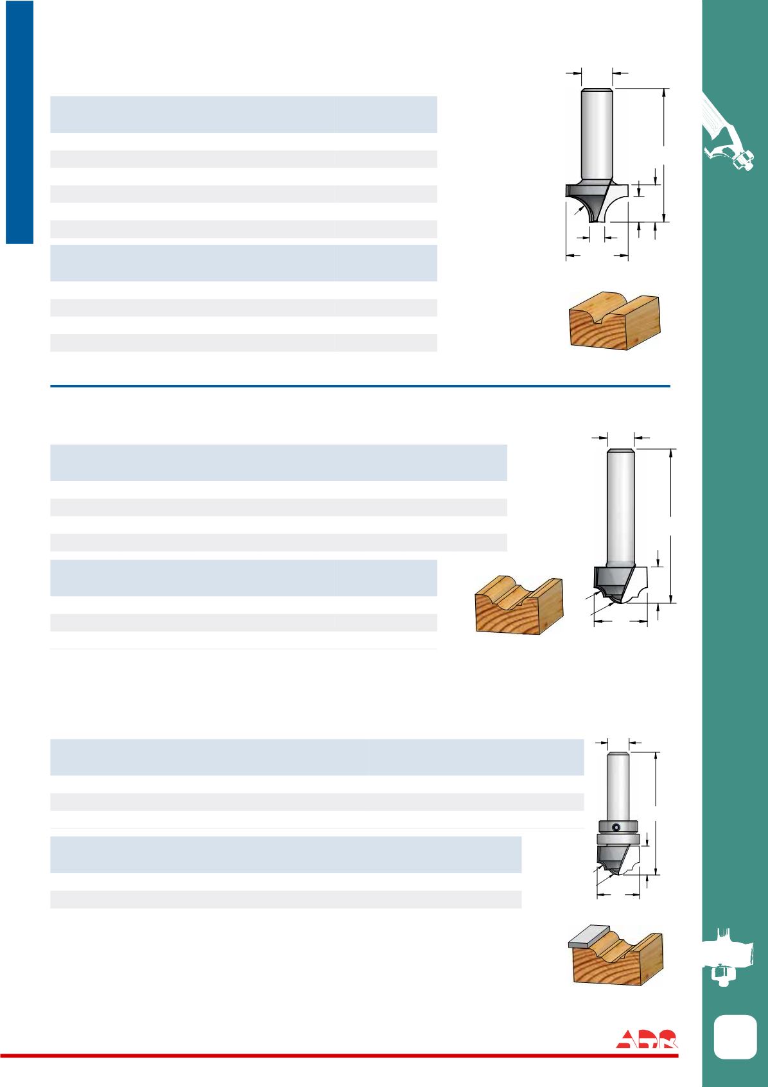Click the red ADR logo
(x=647, y=1038)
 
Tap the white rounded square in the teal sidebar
(x=735, y=1037)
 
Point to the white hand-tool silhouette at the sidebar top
(x=727, y=131)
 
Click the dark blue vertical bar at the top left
(x=19, y=122)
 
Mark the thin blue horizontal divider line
(x=360, y=386)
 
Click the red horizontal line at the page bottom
(x=339, y=1056)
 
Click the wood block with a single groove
(x=615, y=321)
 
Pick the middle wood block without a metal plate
(x=519, y=605)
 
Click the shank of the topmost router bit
(x=597, y=136)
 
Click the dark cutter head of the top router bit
(x=588, y=201)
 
